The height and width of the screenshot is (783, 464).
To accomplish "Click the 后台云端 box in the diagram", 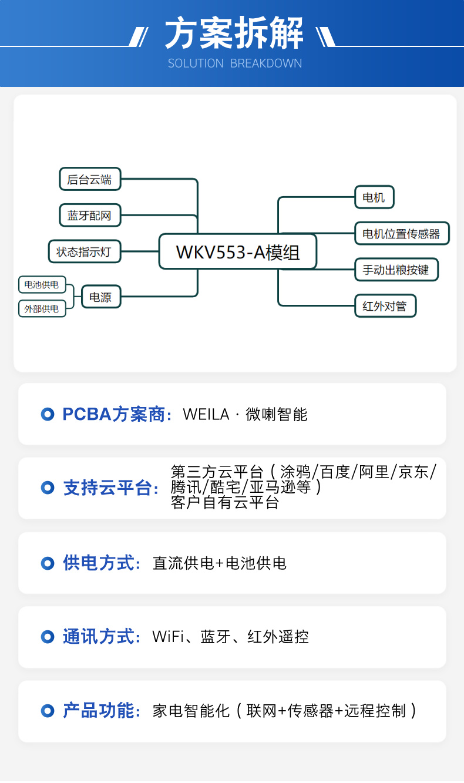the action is (x=90, y=179).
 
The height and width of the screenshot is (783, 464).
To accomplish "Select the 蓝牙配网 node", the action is (x=90, y=216).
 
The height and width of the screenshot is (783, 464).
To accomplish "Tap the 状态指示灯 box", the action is (x=85, y=251).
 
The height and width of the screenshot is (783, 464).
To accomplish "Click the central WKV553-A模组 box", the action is (x=238, y=251).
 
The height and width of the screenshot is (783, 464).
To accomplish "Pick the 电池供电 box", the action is (x=42, y=284).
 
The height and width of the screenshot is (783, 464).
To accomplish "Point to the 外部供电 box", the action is (x=42, y=308).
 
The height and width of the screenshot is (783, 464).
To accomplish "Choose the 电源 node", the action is (x=101, y=297).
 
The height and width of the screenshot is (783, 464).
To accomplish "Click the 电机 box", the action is (x=374, y=197).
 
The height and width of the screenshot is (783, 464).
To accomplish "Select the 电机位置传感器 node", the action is (x=402, y=233).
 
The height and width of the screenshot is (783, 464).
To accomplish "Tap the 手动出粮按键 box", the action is (x=396, y=270).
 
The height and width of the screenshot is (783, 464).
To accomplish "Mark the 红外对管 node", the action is (x=385, y=306).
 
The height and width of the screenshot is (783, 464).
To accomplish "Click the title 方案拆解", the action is (x=234, y=33).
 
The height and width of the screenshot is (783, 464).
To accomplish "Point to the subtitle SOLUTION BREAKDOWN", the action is (x=235, y=63).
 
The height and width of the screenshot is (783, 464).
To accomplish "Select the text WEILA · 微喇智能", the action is (x=245, y=415).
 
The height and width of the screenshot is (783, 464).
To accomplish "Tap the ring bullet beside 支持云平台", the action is (x=48, y=488).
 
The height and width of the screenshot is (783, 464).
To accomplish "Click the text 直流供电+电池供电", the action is (x=220, y=563).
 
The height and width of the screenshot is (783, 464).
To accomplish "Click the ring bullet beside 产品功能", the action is (x=48, y=711).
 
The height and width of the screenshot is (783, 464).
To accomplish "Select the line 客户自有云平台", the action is (x=225, y=503).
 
